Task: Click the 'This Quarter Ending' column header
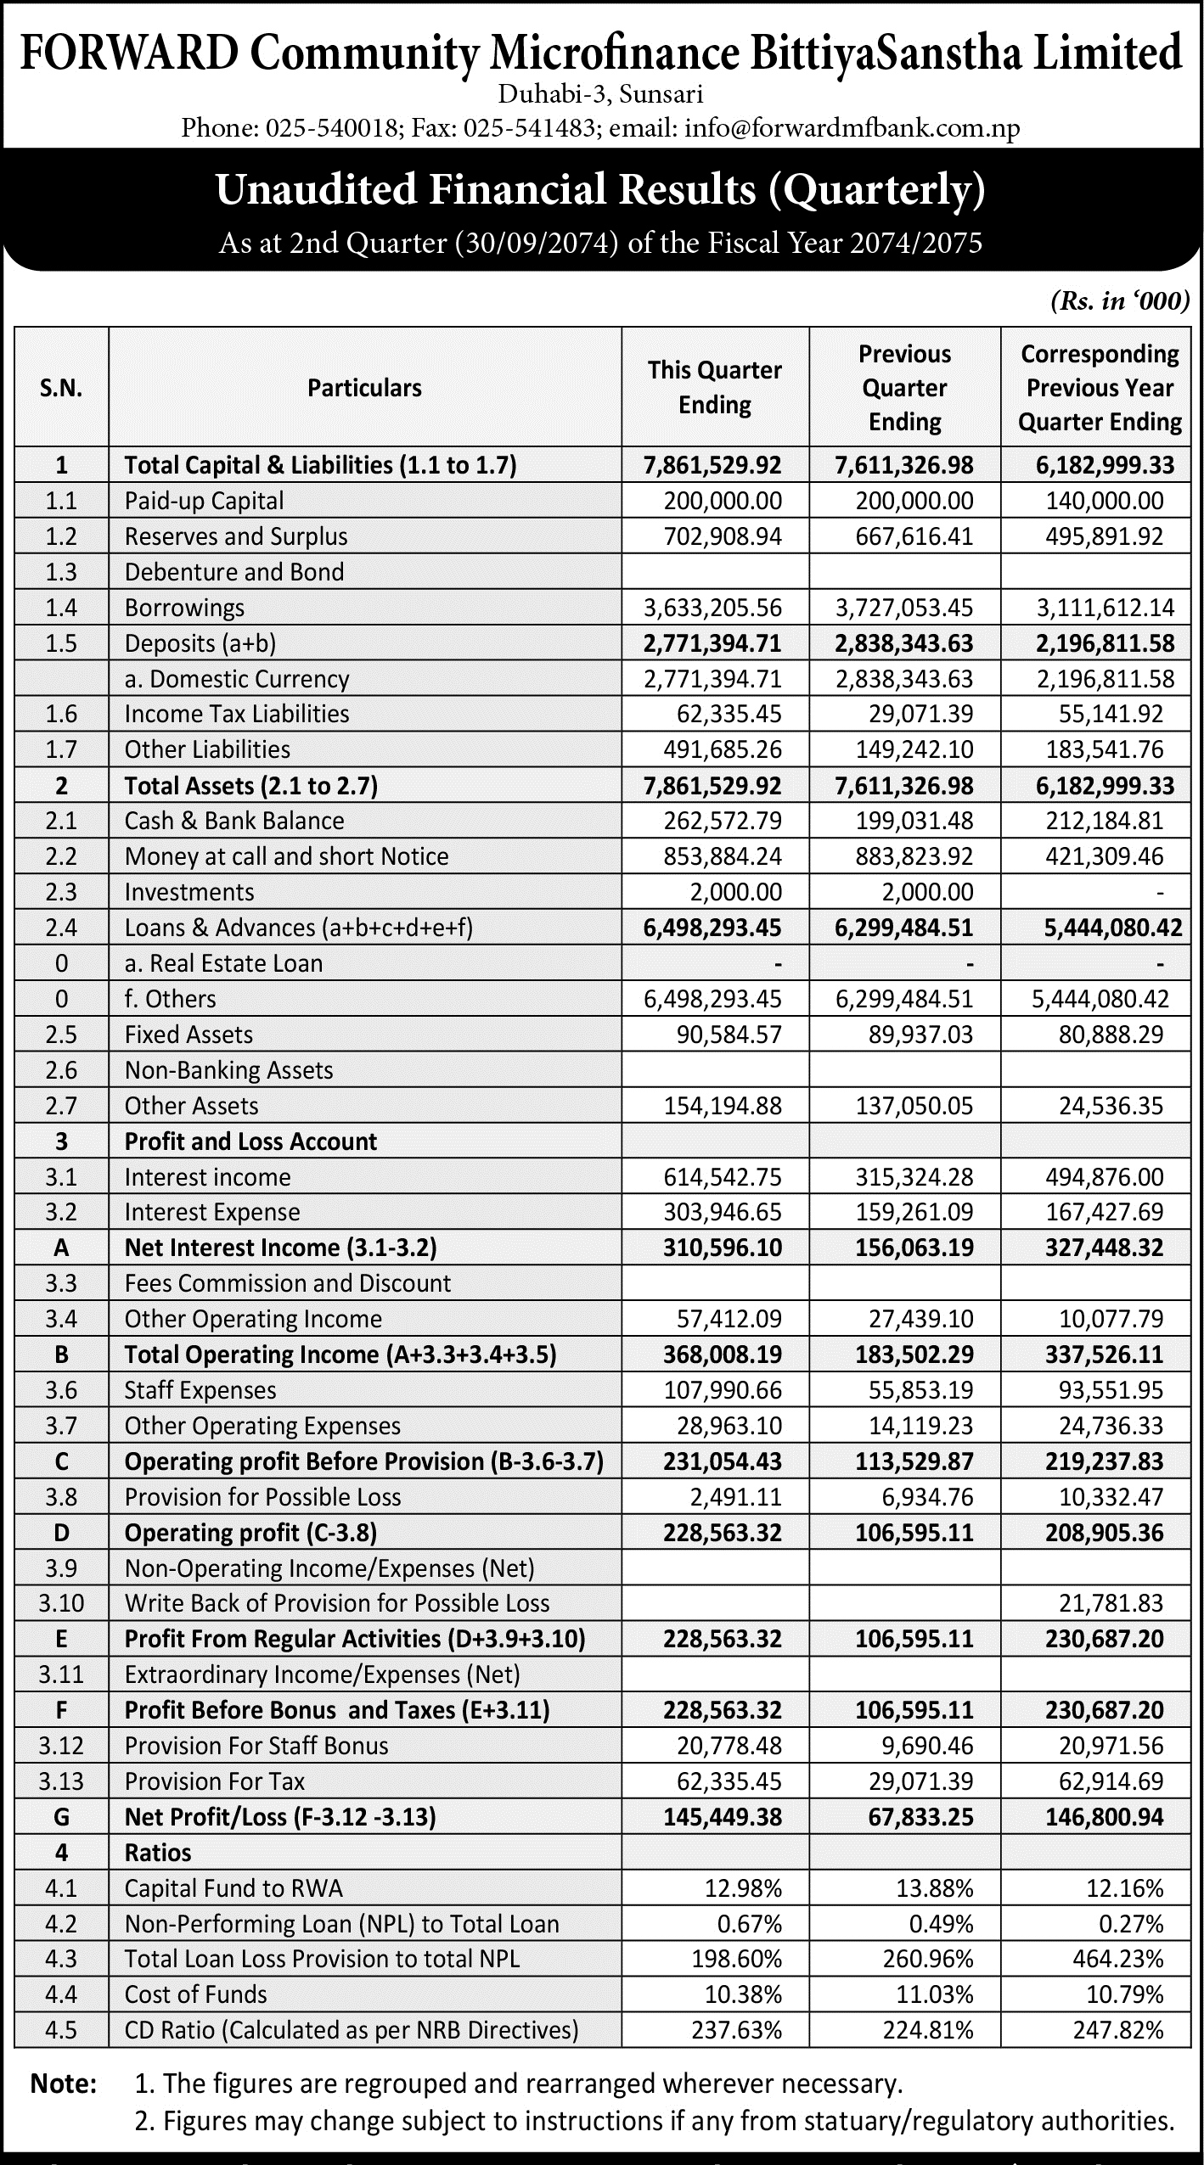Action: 714,387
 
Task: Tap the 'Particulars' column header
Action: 364,388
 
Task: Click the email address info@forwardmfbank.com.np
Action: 852,128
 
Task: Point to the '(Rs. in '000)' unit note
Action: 1119,301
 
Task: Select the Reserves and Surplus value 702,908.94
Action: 723,536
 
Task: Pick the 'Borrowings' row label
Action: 184,608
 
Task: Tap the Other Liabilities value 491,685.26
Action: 723,749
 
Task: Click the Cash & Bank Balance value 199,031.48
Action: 914,821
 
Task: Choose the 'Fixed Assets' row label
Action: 188,1035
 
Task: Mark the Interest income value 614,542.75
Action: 723,1177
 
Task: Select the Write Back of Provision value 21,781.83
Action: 1111,1603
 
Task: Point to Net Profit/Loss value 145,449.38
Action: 723,1817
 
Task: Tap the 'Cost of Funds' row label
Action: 195,1994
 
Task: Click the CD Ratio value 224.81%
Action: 934,2030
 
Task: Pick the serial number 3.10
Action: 61,1603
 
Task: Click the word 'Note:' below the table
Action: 64,2084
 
